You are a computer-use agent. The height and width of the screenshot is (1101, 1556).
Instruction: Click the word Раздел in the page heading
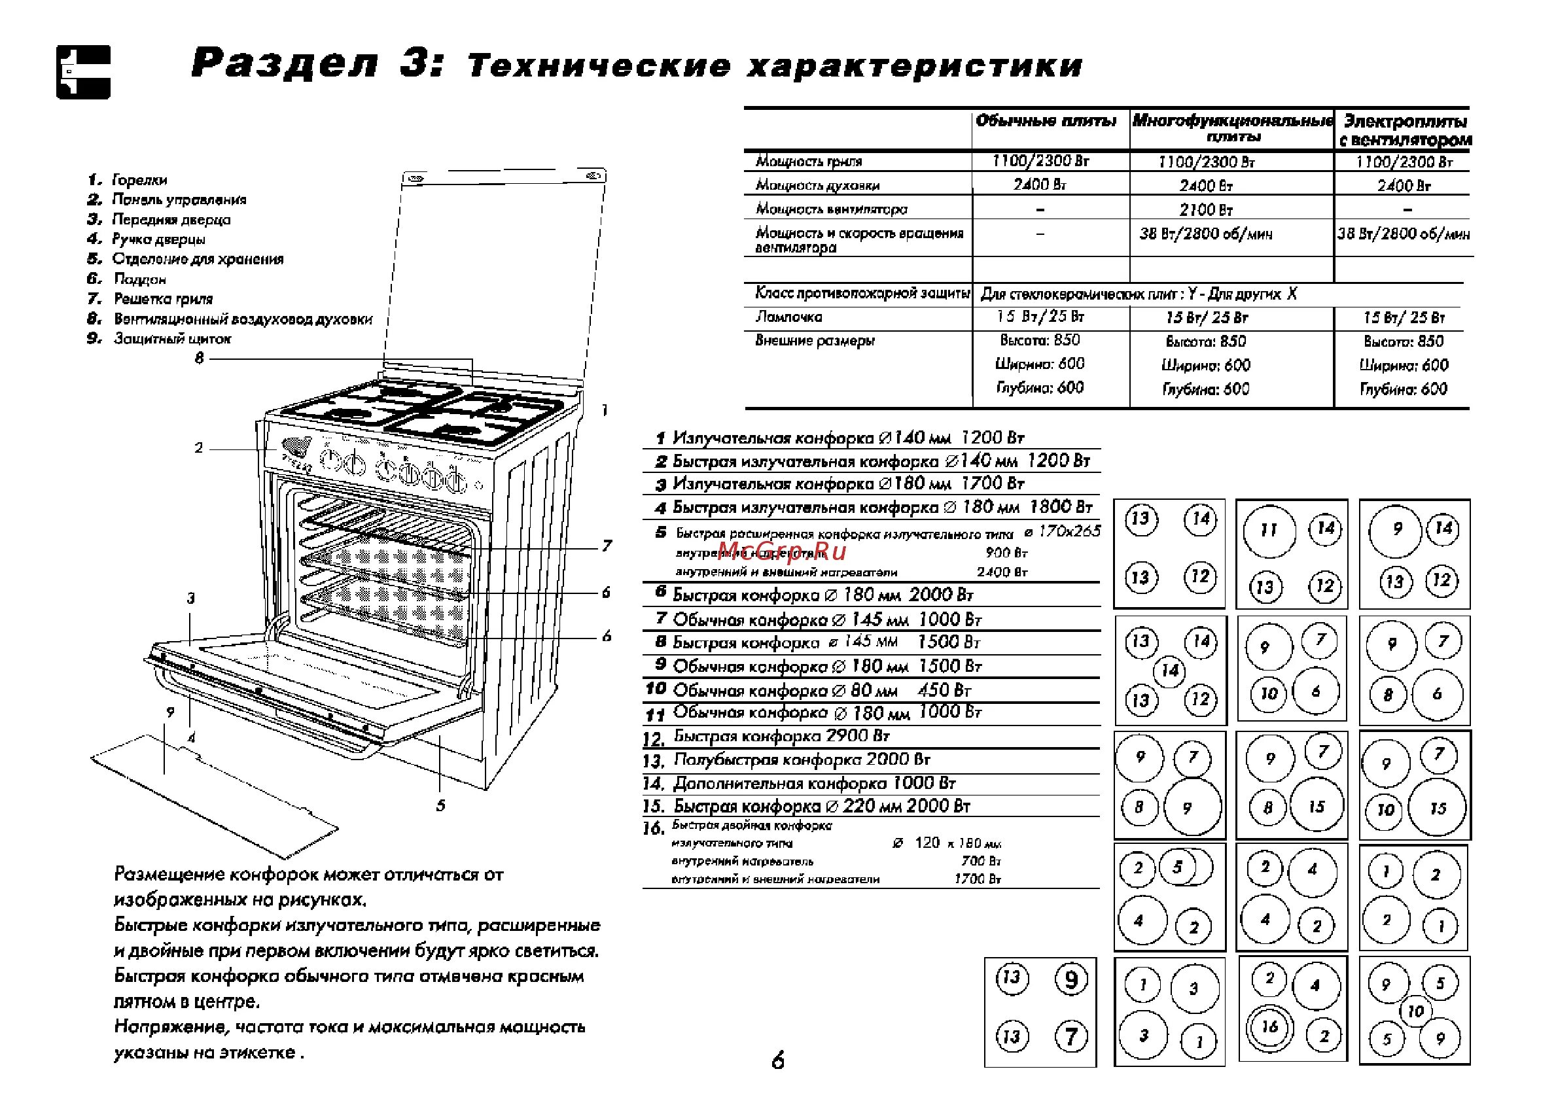coord(284,65)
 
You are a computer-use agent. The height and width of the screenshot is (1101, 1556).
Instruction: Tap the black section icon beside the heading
coord(82,72)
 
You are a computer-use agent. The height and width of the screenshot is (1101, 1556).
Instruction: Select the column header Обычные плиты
coord(1046,122)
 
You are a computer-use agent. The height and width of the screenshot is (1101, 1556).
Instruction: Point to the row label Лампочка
coord(788,317)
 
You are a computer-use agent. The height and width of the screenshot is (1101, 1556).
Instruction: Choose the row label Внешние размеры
coord(815,341)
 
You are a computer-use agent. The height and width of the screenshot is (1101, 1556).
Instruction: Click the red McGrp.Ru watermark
coord(782,552)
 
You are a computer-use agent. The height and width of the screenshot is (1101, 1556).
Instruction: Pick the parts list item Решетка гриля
coord(163,299)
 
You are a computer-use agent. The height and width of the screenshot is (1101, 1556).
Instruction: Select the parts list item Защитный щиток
coord(172,339)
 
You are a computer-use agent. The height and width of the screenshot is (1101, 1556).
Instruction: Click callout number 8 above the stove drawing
coord(200,358)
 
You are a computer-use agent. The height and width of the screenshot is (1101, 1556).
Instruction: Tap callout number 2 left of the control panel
coord(199,447)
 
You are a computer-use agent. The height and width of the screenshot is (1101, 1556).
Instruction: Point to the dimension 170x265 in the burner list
coord(1069,531)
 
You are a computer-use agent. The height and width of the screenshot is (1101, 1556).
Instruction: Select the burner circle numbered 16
coord(1269,1026)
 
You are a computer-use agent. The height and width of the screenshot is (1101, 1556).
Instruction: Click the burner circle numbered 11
coord(1269,531)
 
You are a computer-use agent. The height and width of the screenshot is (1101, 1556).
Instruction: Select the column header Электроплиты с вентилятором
coord(1405,130)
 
